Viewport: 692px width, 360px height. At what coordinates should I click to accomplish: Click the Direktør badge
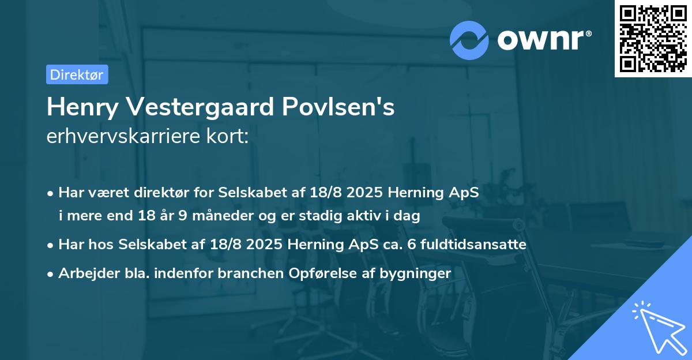click(x=77, y=74)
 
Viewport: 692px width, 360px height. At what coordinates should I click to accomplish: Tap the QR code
click(x=653, y=39)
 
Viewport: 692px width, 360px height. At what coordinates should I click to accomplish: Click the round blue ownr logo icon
click(x=469, y=40)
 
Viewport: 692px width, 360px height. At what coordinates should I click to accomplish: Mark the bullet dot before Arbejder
click(x=51, y=273)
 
